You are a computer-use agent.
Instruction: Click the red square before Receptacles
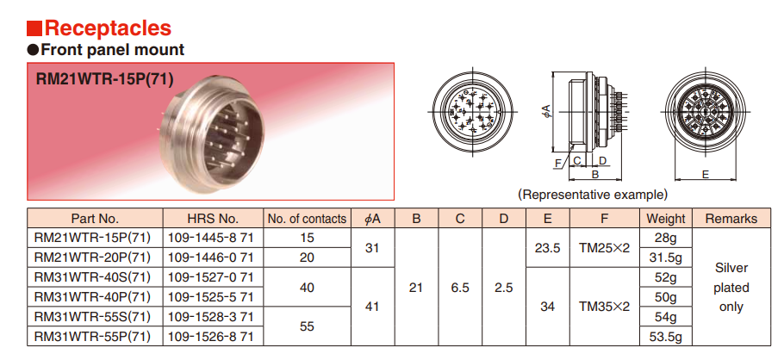[x=34, y=28]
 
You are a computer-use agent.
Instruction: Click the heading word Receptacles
[x=108, y=28]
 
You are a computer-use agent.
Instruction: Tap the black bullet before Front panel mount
[x=33, y=49]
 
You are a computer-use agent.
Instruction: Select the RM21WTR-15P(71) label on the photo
[x=104, y=79]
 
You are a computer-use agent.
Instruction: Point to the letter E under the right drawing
[x=706, y=174]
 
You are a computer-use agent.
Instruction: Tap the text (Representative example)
[x=593, y=194]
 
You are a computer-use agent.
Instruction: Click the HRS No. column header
[x=213, y=219]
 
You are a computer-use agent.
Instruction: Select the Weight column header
[x=665, y=219]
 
